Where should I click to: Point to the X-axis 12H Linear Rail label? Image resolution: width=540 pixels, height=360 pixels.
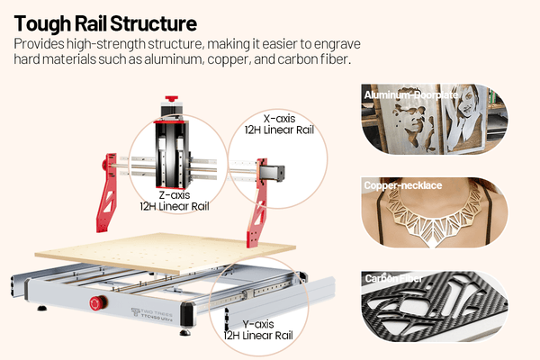pyautogui.click(x=281, y=123)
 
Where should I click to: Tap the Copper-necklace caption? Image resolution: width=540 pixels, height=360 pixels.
pyautogui.click(x=402, y=185)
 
